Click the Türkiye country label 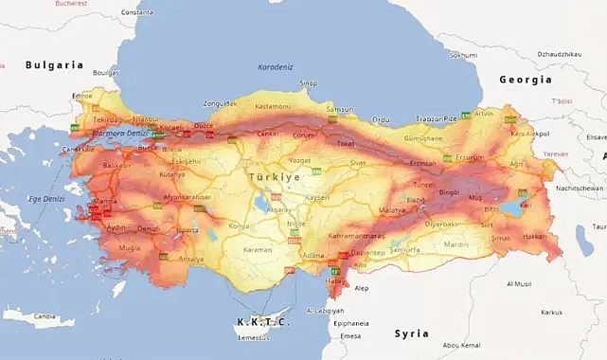[x=274, y=177]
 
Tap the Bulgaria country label [x=55, y=65]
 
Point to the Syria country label [x=412, y=333]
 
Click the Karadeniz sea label [x=277, y=67]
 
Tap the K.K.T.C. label [x=262, y=322]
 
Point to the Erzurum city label [x=471, y=157]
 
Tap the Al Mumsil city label [x=520, y=283]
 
